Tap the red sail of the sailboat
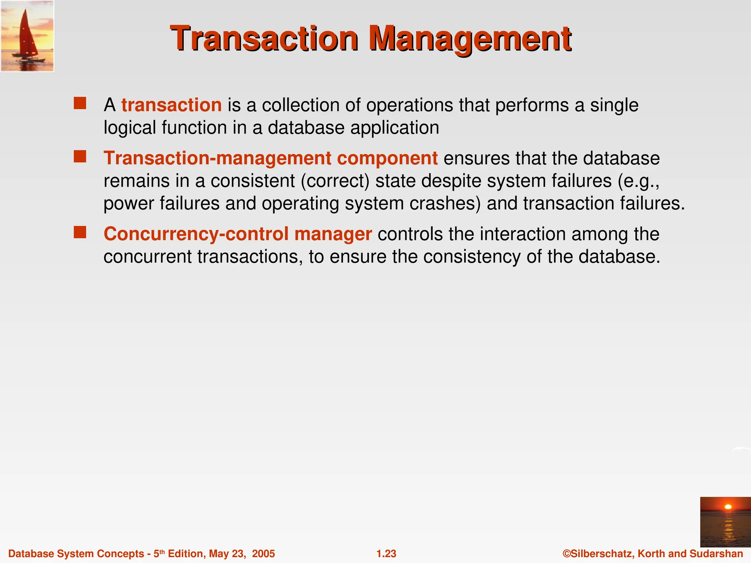tap(26, 33)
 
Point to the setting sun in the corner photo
tap(728, 507)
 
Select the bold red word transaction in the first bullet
tap(171, 105)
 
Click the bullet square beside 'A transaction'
tap(80, 103)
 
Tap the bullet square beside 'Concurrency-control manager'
tap(80, 232)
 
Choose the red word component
tap(387, 158)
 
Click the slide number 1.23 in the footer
tap(386, 553)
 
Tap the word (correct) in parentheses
tap(335, 181)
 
